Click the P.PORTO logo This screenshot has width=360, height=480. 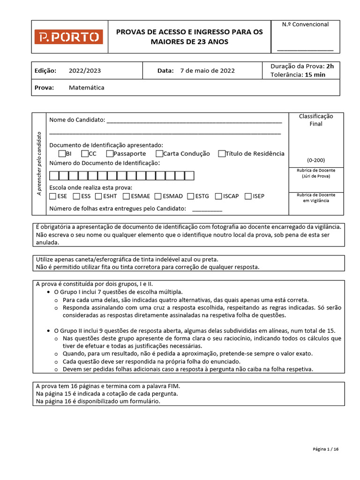pyautogui.click(x=68, y=37)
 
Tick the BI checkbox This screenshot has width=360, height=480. pyautogui.click(x=62, y=153)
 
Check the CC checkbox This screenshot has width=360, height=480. pyautogui.click(x=84, y=153)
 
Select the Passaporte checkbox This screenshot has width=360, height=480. pyautogui.click(x=110, y=153)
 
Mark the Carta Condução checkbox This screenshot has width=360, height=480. pyautogui.click(x=159, y=153)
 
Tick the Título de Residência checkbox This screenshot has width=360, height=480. pyautogui.click(x=222, y=153)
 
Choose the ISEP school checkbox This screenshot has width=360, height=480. pyautogui.click(x=248, y=196)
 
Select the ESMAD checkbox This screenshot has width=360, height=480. pyautogui.click(x=158, y=196)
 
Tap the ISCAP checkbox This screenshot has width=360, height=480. pyautogui.click(x=218, y=196)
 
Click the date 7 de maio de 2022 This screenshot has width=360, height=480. pyautogui.click(x=207, y=71)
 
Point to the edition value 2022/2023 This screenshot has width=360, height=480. pyautogui.click(x=84, y=71)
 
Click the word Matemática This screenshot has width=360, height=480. pyautogui.click(x=86, y=88)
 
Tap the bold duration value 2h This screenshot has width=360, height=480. pyautogui.click(x=330, y=66)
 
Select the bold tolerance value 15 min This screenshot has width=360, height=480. pyautogui.click(x=315, y=75)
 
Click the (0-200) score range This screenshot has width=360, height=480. pyautogui.click(x=315, y=160)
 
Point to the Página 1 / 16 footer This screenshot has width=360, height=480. pyautogui.click(x=325, y=449)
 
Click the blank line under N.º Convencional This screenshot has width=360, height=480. pyautogui.click(x=305, y=49)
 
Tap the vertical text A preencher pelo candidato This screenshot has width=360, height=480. pyautogui.click(x=39, y=164)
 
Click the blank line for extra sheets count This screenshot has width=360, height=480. pyautogui.click(x=207, y=210)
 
